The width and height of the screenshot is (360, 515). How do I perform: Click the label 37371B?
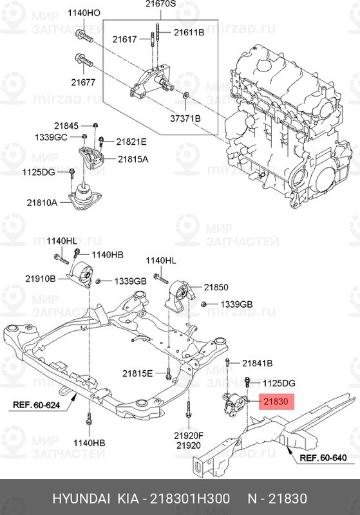(185, 118)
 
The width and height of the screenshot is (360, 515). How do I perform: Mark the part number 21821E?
(132, 142)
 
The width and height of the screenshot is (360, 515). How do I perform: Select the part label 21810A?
(43, 202)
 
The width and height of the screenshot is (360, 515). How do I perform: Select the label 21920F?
(189, 435)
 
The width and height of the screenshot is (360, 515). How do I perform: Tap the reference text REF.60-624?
(38, 406)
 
